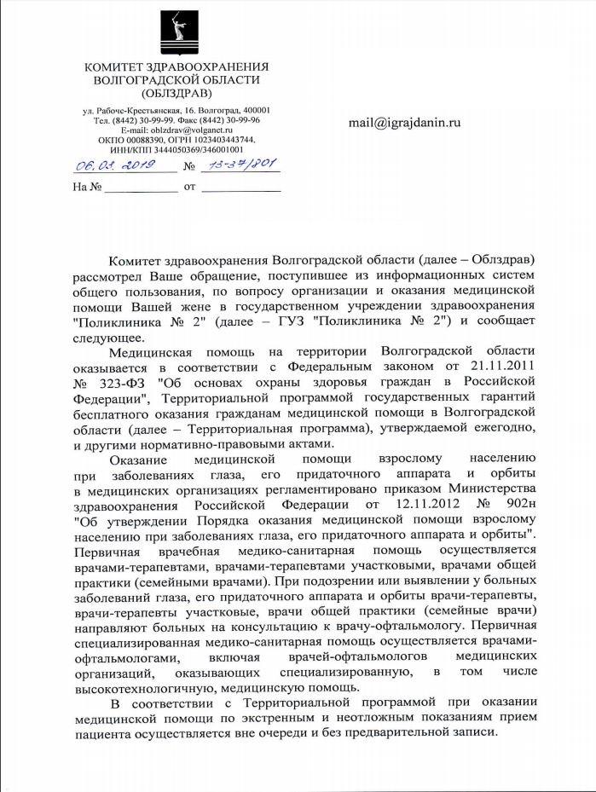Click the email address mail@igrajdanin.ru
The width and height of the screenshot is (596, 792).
point(404,123)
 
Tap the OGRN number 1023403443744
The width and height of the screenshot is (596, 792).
point(226,139)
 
